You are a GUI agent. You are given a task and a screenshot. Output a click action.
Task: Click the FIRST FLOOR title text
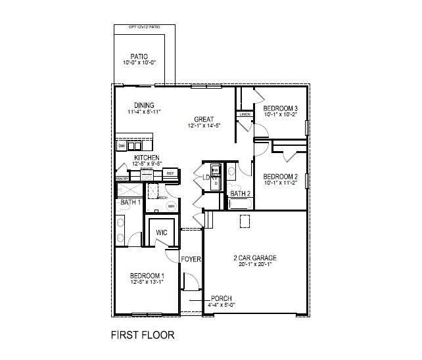142,335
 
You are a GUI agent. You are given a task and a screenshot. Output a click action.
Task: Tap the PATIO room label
139,56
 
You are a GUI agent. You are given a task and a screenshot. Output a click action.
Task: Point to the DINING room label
144,105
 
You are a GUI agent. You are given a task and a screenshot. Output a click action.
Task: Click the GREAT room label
203,119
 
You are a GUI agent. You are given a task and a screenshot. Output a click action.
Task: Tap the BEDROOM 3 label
281,108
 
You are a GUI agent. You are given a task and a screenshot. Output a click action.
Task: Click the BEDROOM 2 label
281,176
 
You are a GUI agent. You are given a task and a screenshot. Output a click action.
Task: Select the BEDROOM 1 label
147,275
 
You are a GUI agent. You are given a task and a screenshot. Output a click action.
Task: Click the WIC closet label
160,233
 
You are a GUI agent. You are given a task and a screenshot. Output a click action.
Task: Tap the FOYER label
191,259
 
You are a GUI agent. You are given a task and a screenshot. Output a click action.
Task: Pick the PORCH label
221,298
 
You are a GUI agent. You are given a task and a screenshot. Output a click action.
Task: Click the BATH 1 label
129,202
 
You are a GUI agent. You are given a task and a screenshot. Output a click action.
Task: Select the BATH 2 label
240,194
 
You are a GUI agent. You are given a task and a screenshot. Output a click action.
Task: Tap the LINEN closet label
245,114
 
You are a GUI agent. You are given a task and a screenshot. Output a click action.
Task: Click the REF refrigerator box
170,173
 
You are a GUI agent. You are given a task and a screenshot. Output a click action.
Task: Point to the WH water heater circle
171,206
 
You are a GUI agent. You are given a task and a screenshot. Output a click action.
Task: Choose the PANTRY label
122,179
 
